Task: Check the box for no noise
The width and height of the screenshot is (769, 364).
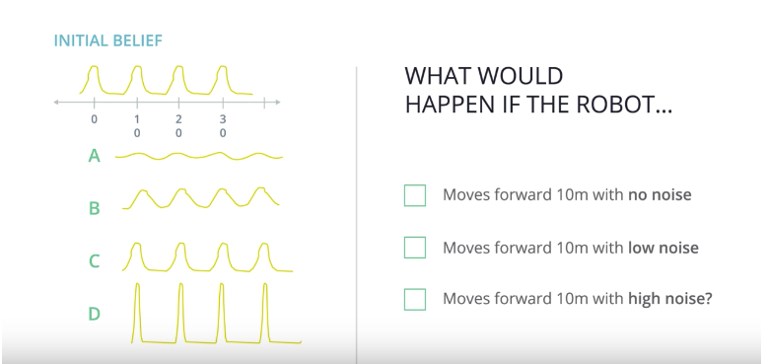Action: [x=415, y=194]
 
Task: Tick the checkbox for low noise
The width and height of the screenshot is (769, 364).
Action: [x=415, y=247]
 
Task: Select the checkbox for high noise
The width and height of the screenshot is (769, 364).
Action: [x=415, y=299]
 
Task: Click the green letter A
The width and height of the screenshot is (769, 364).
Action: [x=94, y=157]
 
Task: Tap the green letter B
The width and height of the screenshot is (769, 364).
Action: [x=94, y=209]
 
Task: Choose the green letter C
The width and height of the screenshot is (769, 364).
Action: [x=94, y=261]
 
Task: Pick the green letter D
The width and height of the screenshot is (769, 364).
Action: [x=94, y=314]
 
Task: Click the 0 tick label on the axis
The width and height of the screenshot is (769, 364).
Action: [x=95, y=119]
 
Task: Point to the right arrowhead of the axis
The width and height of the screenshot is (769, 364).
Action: [x=278, y=102]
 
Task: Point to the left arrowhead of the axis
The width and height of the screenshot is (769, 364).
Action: [x=56, y=102]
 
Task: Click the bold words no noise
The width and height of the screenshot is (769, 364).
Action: [x=660, y=194]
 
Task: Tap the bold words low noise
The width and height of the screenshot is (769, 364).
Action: [x=664, y=248]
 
